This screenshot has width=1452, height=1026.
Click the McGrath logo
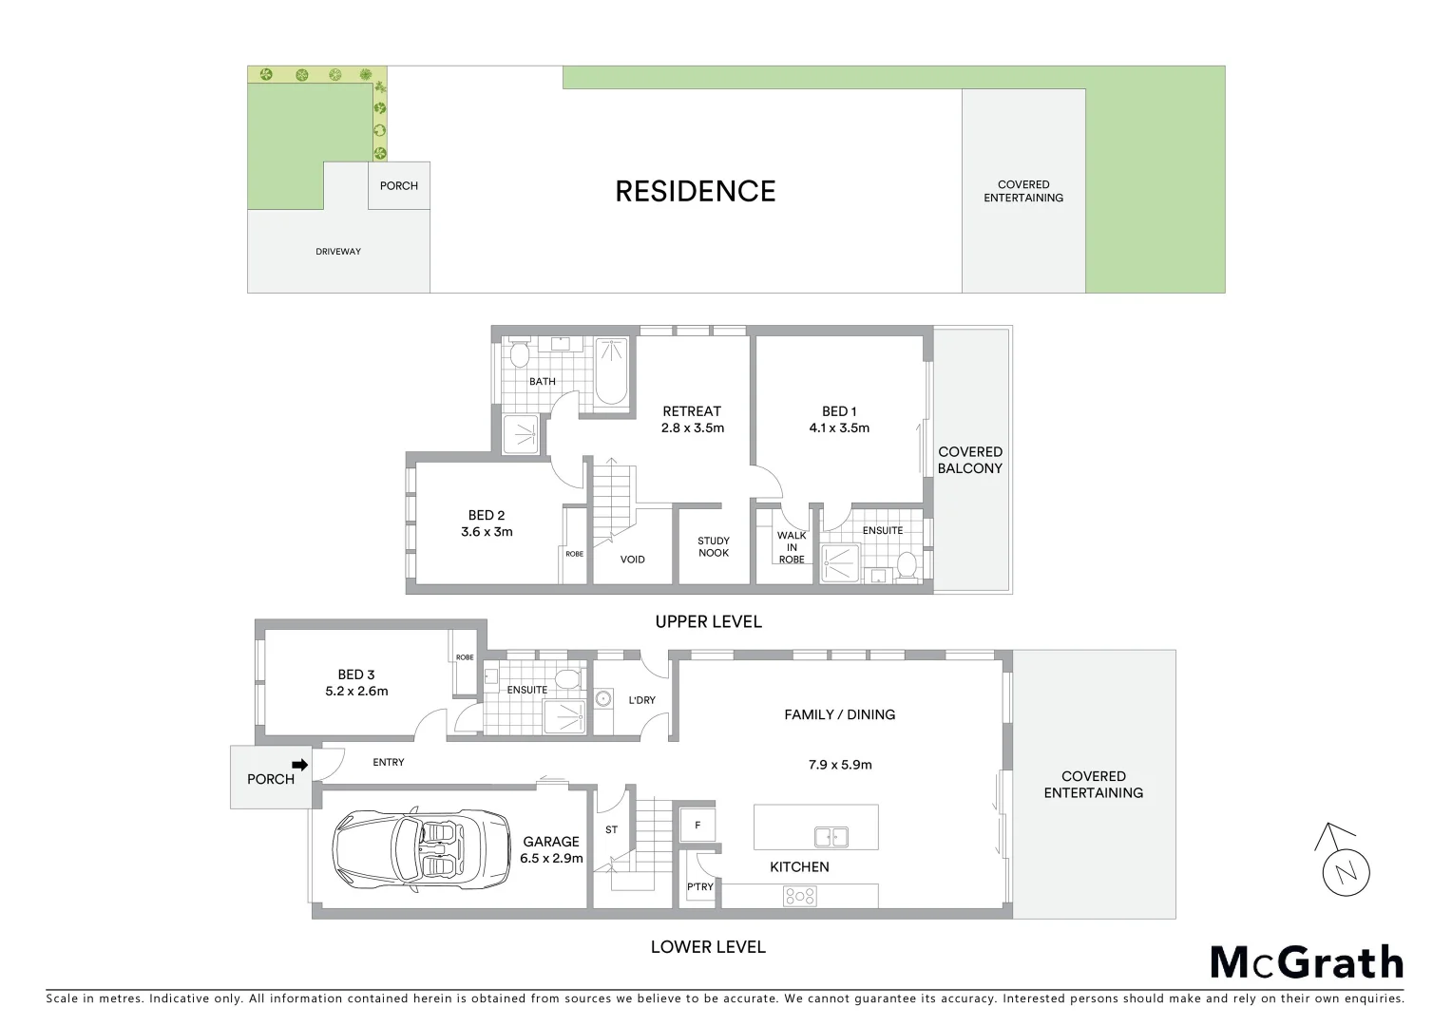pyautogui.click(x=1306, y=962)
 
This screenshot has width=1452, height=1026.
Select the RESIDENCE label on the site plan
pyautogui.click(x=695, y=191)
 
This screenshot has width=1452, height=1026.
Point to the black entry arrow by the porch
pyautogui.click(x=300, y=764)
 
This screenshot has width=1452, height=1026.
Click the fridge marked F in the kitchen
pyautogui.click(x=697, y=826)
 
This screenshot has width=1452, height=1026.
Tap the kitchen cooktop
pyautogui.click(x=799, y=895)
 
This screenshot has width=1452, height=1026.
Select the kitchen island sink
pyautogui.click(x=831, y=837)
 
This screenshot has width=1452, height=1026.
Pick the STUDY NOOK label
pyautogui.click(x=714, y=547)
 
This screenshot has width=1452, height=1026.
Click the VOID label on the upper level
pyautogui.click(x=632, y=560)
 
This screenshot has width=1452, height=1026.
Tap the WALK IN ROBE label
pyautogui.click(x=792, y=547)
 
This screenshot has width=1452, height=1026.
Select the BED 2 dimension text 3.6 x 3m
pyautogui.click(x=487, y=532)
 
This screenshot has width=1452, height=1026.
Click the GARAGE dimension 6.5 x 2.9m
pyautogui.click(x=551, y=858)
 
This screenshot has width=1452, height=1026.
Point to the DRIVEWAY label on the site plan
pyautogui.click(x=338, y=252)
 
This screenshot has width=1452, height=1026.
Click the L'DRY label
pyautogui.click(x=641, y=700)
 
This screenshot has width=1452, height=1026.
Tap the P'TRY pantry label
pyautogui.click(x=700, y=887)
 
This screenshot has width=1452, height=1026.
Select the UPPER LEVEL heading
pyautogui.click(x=708, y=621)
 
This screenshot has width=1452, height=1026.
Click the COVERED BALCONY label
pyautogui.click(x=970, y=460)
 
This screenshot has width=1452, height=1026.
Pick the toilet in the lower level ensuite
pyautogui.click(x=566, y=678)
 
